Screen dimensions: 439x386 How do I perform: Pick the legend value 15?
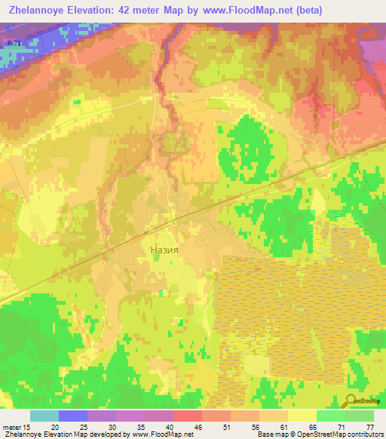click(x=27, y=426)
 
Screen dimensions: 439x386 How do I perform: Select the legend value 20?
click(x=55, y=426)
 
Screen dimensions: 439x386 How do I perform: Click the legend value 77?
click(x=369, y=426)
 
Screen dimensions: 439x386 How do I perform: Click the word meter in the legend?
click(x=11, y=426)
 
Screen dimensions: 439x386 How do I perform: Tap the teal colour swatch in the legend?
click(x=44, y=416)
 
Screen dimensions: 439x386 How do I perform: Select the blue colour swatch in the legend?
click(x=73, y=416)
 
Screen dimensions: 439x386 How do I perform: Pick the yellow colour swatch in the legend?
click(x=302, y=416)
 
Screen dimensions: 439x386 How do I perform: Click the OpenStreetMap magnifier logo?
click(x=351, y=401)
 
